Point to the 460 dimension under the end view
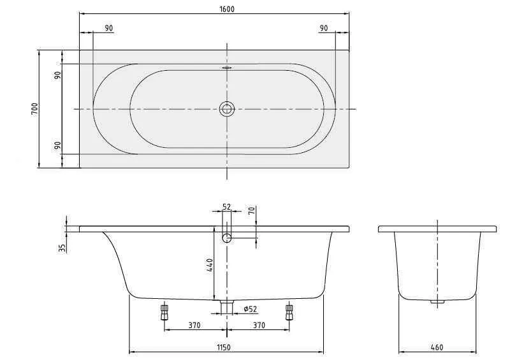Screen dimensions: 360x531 (437, 347)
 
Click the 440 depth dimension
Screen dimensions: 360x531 (209, 264)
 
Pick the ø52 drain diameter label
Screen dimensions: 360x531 (251, 309)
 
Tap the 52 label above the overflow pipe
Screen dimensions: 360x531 (226, 207)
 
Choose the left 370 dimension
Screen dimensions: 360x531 (195, 325)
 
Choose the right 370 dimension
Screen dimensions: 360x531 (259, 325)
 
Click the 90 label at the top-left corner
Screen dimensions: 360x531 (109, 28)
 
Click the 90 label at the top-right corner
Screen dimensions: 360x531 (324, 28)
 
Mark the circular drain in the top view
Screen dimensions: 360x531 (227, 109)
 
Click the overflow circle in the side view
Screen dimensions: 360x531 (227, 238)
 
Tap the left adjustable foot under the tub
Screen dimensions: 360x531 (164, 312)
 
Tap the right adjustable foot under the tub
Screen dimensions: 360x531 (289, 312)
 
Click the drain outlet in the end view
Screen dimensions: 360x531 (437, 301)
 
